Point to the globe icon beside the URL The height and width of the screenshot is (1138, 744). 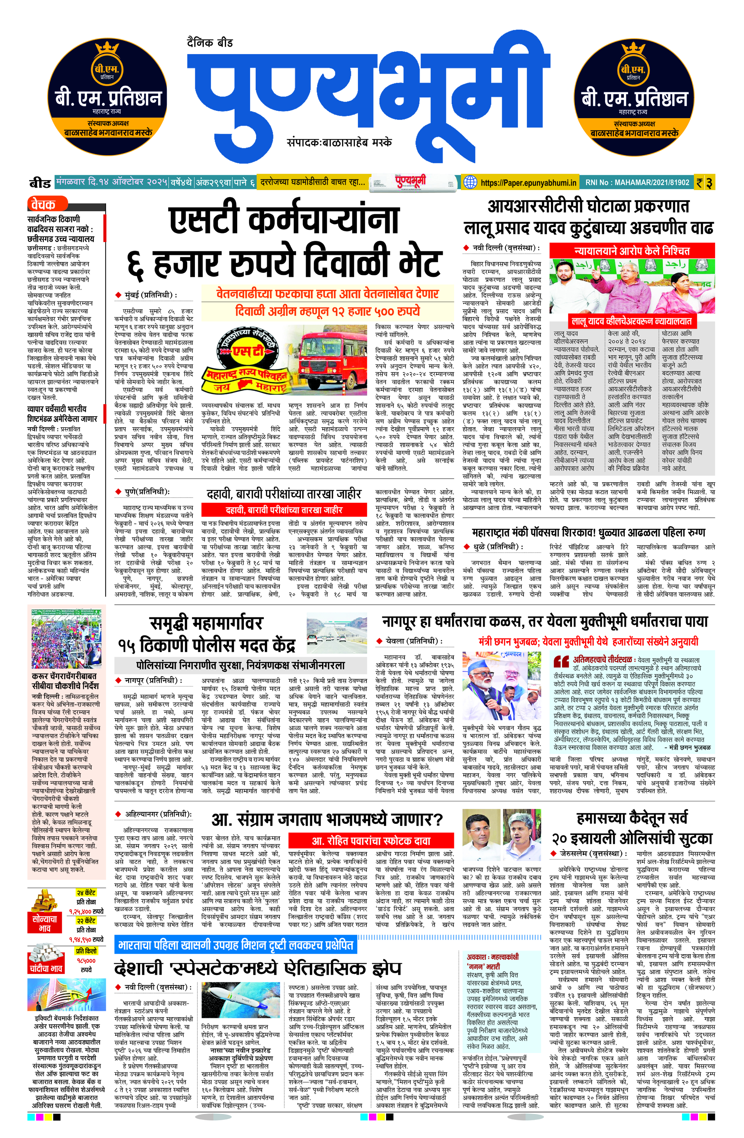[471, 182]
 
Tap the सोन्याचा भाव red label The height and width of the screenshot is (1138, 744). [44, 924]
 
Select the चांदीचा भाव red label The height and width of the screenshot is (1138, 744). [46, 969]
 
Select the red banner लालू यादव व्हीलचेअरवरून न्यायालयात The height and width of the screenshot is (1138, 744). [631, 321]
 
